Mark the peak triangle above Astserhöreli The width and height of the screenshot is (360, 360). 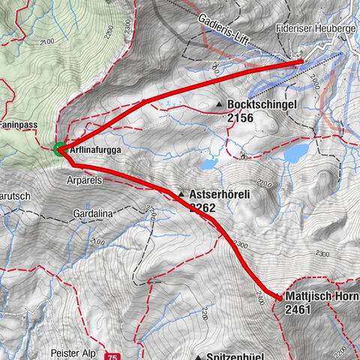pyautogui.click(x=181, y=194)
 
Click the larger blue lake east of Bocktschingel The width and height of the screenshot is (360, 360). pyautogui.click(x=295, y=154)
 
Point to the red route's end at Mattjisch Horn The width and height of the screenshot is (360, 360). pyautogui.click(x=279, y=298)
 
